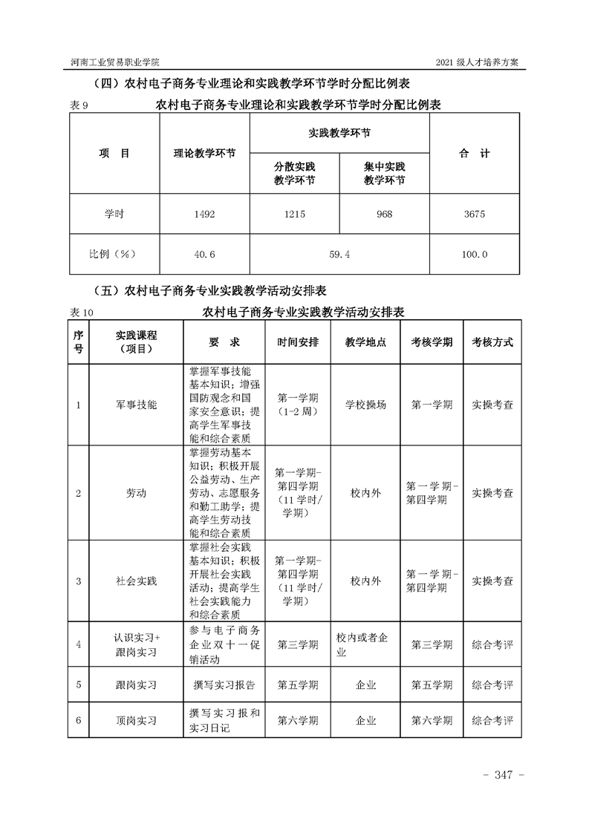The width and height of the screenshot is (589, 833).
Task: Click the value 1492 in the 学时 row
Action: (x=204, y=215)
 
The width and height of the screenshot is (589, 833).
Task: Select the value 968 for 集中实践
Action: (x=384, y=215)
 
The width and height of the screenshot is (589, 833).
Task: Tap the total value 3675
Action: (x=474, y=215)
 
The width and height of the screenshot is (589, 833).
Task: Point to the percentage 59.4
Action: (x=339, y=255)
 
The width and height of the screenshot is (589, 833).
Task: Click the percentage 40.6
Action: (x=204, y=255)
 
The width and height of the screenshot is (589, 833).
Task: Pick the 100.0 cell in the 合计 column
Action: (x=474, y=255)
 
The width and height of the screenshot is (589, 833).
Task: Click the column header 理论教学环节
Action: (x=204, y=154)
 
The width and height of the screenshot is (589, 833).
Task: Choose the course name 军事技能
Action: (x=137, y=405)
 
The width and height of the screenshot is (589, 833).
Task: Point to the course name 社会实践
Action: (x=137, y=581)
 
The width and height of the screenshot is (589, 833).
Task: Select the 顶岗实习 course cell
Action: (x=137, y=720)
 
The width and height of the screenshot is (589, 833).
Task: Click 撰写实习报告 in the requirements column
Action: (x=223, y=685)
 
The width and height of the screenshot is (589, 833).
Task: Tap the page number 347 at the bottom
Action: (x=504, y=775)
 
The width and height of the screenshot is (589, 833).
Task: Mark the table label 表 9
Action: (x=79, y=106)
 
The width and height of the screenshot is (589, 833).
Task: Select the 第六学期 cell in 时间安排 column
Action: (x=298, y=720)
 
